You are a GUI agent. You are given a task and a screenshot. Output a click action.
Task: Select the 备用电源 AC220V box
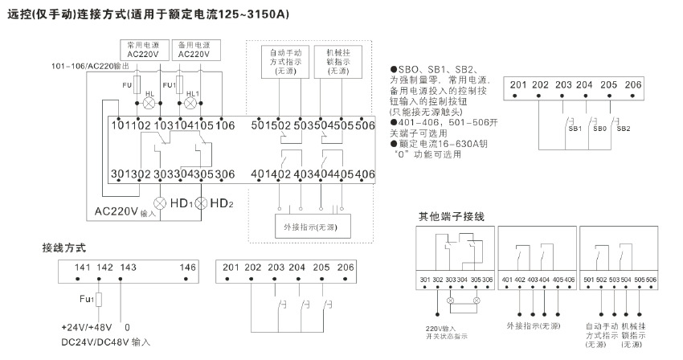click(x=193, y=49)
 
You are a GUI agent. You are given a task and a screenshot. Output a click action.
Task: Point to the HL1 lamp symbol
click(x=192, y=103)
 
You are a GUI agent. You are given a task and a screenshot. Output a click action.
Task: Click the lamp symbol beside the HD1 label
click(x=159, y=203)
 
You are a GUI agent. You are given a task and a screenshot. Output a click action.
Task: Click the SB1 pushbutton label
click(x=575, y=128)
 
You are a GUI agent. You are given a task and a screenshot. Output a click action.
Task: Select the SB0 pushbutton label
click(x=599, y=128)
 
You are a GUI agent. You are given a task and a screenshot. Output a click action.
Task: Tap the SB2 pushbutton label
click(x=623, y=128)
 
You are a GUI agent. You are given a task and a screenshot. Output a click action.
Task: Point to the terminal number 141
click(x=83, y=267)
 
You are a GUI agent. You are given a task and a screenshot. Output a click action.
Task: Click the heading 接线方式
click(x=63, y=247)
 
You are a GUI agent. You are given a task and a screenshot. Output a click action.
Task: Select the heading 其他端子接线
click(x=451, y=217)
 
